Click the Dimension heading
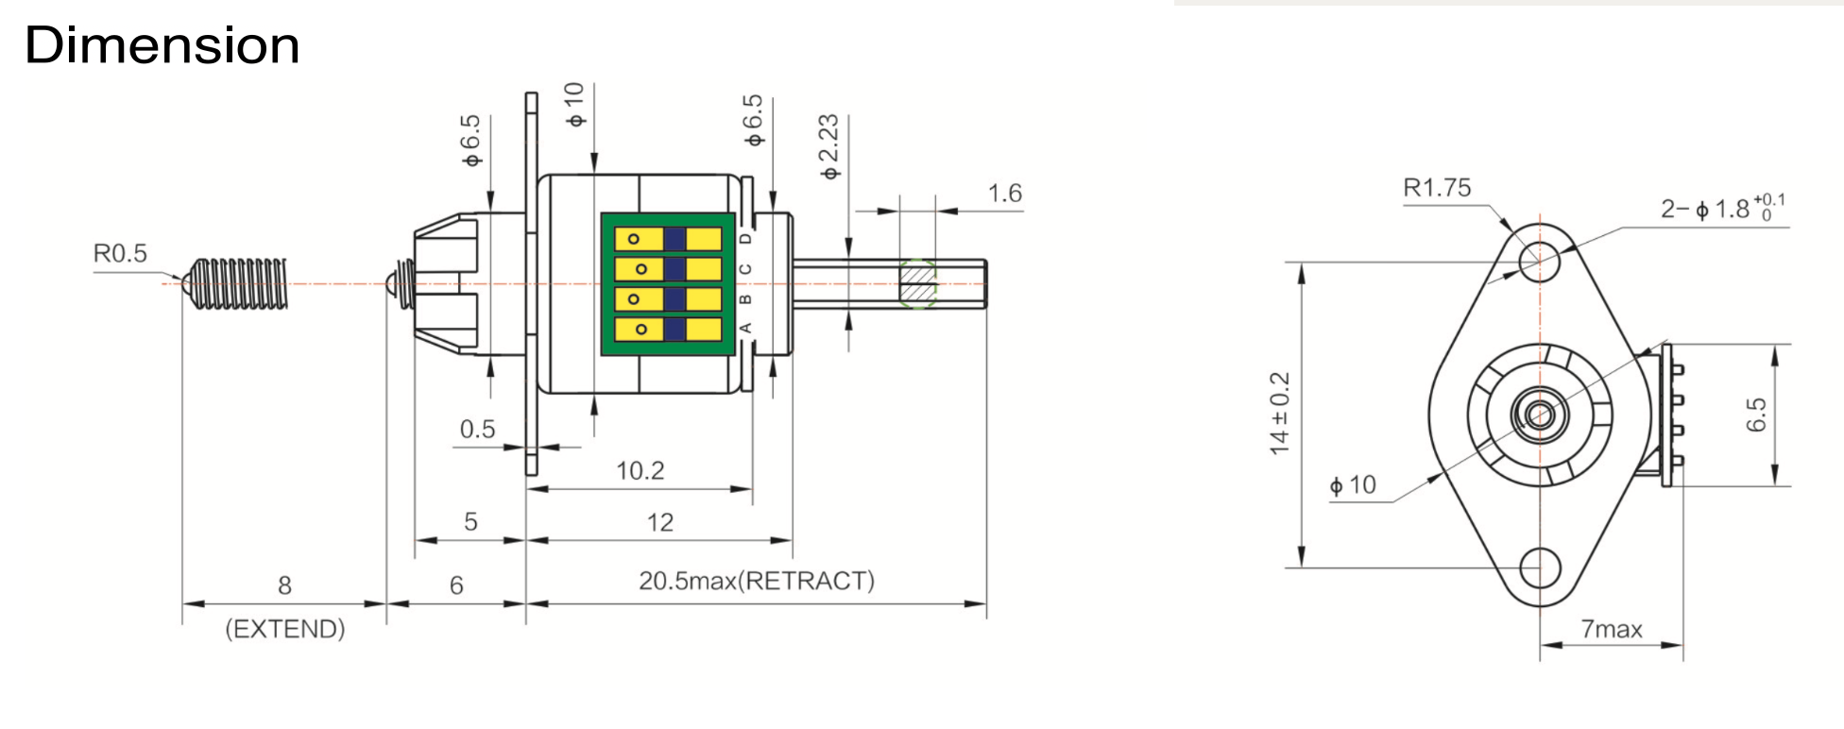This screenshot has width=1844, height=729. [x=162, y=45]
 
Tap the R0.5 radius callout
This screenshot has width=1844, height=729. [x=120, y=253]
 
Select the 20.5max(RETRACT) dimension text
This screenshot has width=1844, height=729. [x=756, y=580]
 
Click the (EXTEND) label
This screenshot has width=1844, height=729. [x=284, y=629]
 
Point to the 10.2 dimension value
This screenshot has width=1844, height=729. [x=640, y=470]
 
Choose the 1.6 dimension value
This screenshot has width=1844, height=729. [x=1004, y=194]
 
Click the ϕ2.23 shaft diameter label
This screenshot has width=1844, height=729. [x=828, y=146]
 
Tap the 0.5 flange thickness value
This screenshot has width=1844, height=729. [x=477, y=430]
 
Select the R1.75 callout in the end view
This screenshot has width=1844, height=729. [x=1437, y=188]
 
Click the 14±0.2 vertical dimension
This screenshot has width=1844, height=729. [x=1280, y=414]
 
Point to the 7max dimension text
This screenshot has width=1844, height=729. [x=1612, y=629]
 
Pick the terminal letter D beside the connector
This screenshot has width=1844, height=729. [x=745, y=239]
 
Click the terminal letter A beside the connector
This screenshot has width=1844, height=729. [x=745, y=328]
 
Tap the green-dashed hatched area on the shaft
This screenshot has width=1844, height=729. [x=917, y=283]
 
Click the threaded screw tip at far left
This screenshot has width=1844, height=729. [x=236, y=283]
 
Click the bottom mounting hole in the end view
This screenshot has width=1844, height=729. [x=1540, y=568]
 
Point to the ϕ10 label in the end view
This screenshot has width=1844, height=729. [x=1353, y=485]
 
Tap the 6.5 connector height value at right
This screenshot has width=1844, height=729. [x=1755, y=415]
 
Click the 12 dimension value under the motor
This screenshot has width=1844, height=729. [x=659, y=522]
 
